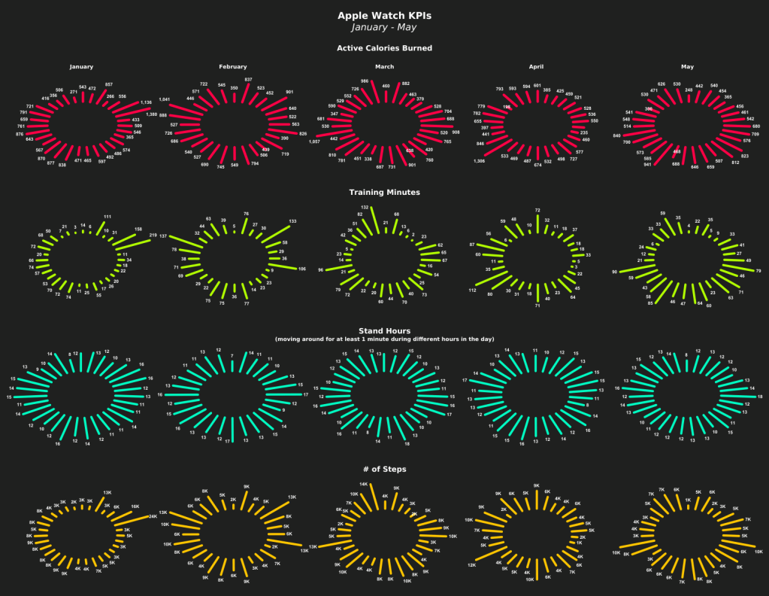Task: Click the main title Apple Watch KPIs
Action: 384,15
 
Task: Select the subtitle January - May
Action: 384,27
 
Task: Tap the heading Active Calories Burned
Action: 384,48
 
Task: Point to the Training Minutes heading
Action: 384,192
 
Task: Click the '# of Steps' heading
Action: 384,469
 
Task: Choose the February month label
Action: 233,67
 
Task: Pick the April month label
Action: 536,67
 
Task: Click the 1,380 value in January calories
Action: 152,114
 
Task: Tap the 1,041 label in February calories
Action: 164,99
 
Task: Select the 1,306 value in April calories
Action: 479,161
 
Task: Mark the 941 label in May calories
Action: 647,164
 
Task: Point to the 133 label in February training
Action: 292,221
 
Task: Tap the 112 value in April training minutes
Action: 471,290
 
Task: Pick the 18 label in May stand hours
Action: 760,397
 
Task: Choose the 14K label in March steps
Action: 364,484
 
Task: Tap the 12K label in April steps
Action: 471,565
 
